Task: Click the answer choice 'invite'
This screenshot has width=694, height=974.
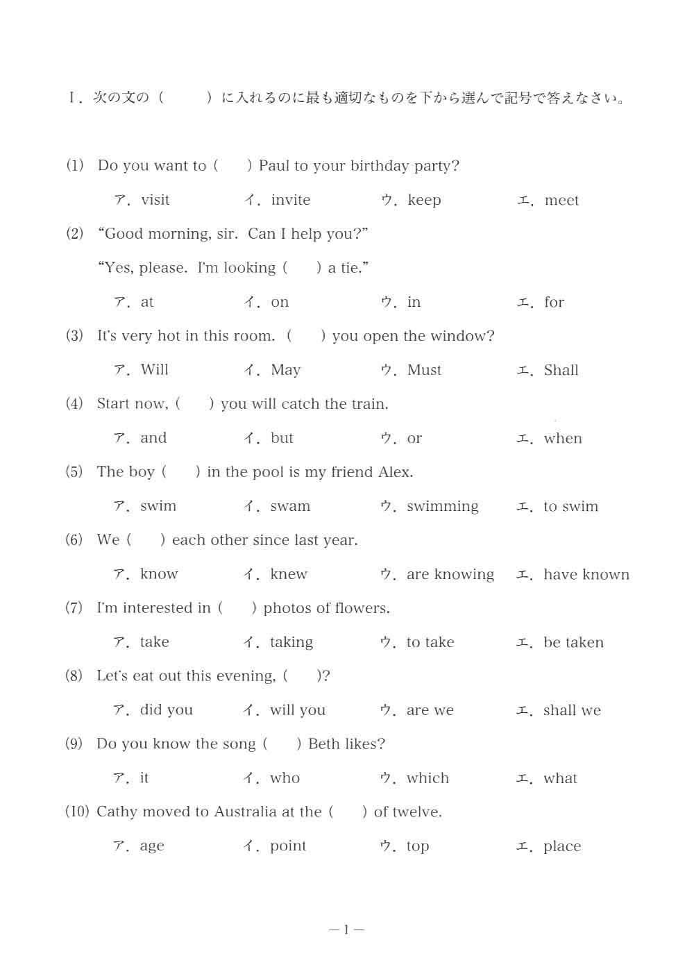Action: click(291, 201)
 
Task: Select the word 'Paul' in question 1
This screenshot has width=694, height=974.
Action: click(274, 166)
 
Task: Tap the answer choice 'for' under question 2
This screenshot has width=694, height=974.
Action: click(554, 303)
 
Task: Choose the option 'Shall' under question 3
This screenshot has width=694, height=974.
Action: click(561, 370)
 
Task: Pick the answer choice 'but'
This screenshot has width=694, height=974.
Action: click(282, 438)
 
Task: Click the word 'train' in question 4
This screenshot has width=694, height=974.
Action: click(368, 404)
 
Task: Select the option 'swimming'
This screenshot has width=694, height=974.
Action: click(443, 507)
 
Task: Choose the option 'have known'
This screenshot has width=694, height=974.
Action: click(586, 575)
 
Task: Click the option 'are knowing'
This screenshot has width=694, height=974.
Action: click(450, 575)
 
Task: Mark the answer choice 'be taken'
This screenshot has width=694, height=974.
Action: click(573, 643)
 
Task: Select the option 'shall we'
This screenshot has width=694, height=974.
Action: click(572, 710)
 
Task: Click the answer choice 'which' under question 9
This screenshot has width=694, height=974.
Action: click(428, 778)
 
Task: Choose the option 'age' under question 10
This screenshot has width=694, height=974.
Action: click(152, 847)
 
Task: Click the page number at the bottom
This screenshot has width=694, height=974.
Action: click(346, 930)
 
